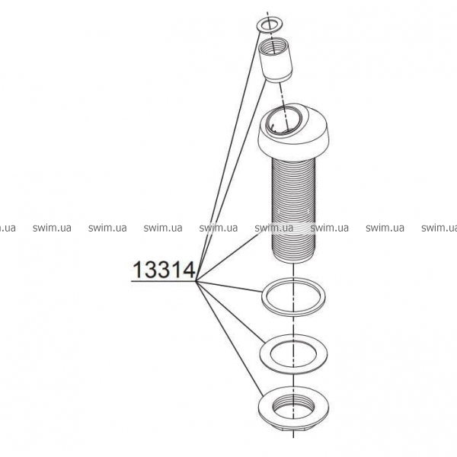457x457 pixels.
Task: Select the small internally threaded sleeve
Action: click(x=276, y=61)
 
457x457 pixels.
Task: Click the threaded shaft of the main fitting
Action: click(x=293, y=210)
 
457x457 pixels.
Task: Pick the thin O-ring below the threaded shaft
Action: click(x=264, y=297)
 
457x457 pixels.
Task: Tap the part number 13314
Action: click(x=164, y=270)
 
